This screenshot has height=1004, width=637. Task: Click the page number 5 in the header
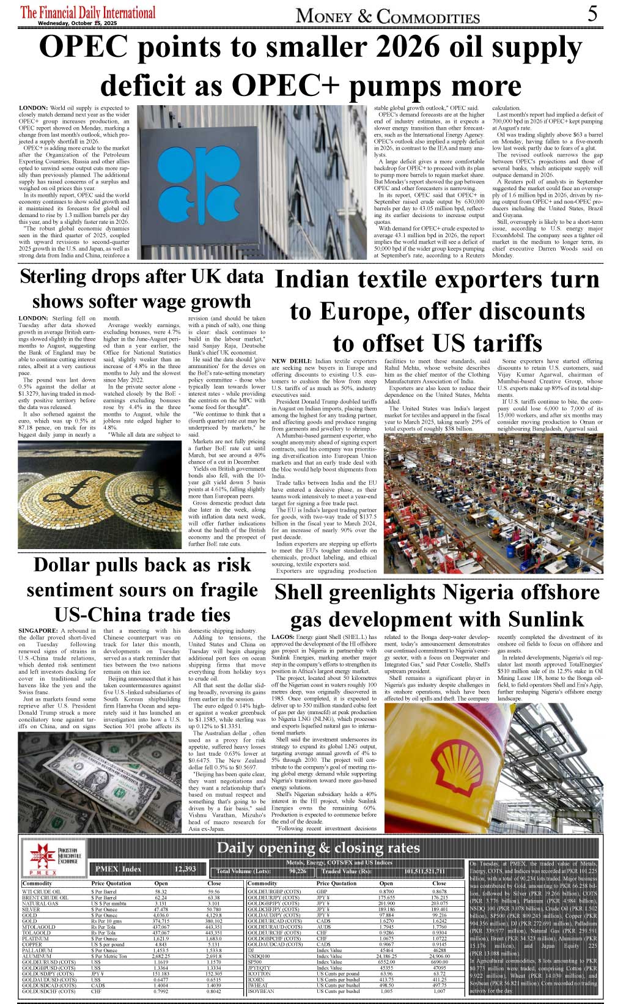(x=592, y=13)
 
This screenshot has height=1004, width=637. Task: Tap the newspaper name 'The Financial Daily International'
(x=88, y=12)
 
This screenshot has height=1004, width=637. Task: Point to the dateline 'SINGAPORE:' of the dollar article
(x=38, y=630)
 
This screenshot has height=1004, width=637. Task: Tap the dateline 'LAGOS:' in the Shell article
(x=282, y=637)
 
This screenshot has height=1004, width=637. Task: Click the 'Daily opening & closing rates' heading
(x=318, y=847)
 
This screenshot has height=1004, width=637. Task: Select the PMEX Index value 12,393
(x=185, y=869)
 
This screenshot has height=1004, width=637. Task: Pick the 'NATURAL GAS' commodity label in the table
(x=40, y=903)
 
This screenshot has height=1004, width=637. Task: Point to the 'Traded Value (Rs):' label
(x=347, y=871)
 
